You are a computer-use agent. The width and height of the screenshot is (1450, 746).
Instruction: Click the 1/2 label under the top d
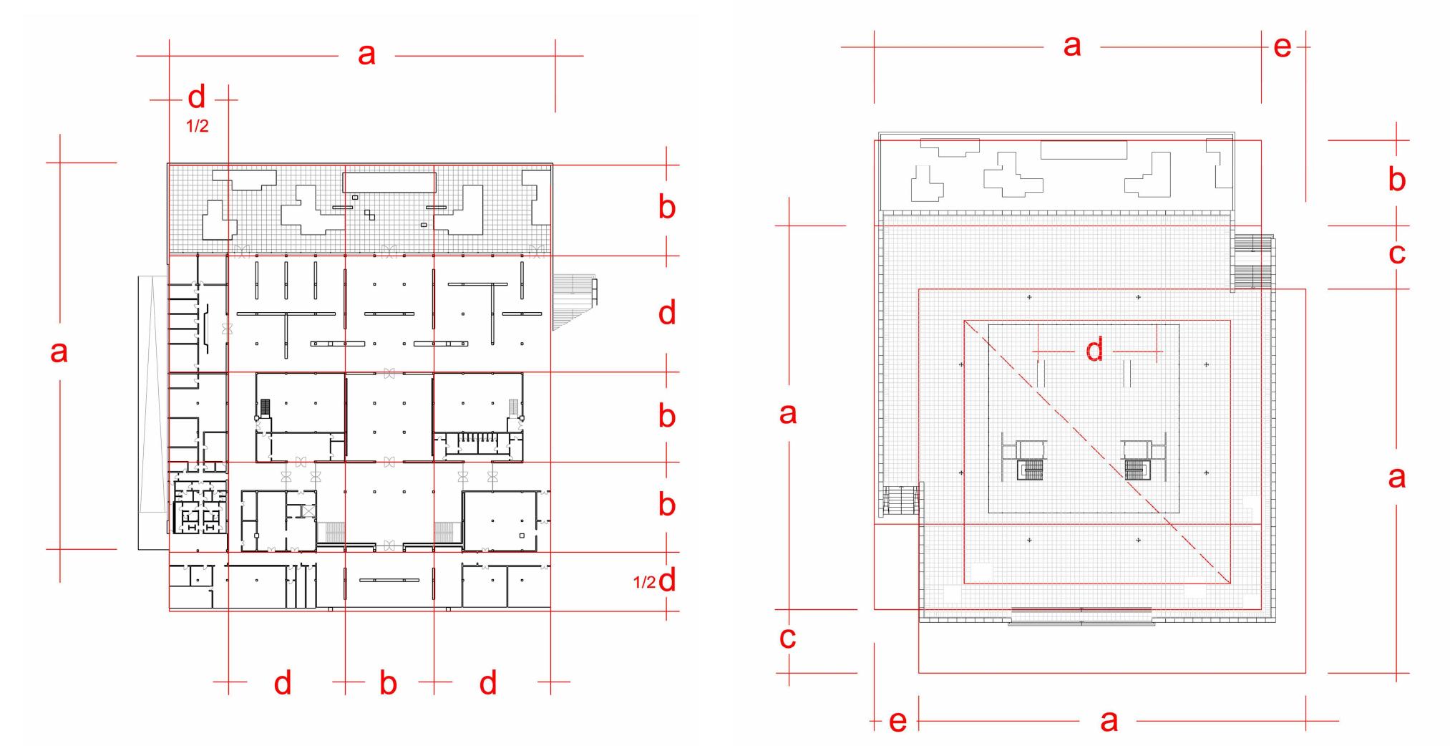(x=197, y=127)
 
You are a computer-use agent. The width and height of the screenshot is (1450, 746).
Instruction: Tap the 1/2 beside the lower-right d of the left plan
(x=644, y=582)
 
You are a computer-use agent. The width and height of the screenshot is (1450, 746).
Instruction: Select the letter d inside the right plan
(x=1094, y=351)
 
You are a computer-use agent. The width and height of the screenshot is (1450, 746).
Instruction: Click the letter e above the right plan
(x=1283, y=47)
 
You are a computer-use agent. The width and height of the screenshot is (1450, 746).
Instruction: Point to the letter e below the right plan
(x=897, y=721)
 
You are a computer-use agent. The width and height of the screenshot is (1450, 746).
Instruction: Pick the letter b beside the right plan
(x=1396, y=180)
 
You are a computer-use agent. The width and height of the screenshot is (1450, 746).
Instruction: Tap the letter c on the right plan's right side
(x=1396, y=253)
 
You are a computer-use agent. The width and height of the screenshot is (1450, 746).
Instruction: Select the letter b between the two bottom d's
(x=388, y=684)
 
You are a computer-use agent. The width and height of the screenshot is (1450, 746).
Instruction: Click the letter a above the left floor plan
(x=366, y=54)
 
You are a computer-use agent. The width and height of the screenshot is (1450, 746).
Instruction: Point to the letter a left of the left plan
(x=59, y=352)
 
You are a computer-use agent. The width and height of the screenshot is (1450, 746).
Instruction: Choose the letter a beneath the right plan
(x=1109, y=720)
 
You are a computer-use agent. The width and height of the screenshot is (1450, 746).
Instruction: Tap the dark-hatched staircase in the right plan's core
(x=1135, y=470)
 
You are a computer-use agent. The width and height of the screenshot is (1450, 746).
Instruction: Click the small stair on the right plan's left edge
(x=900, y=500)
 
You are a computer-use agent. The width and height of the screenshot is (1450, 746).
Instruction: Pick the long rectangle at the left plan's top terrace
(x=389, y=182)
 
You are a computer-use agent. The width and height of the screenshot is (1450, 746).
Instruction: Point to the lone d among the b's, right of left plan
(x=666, y=314)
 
